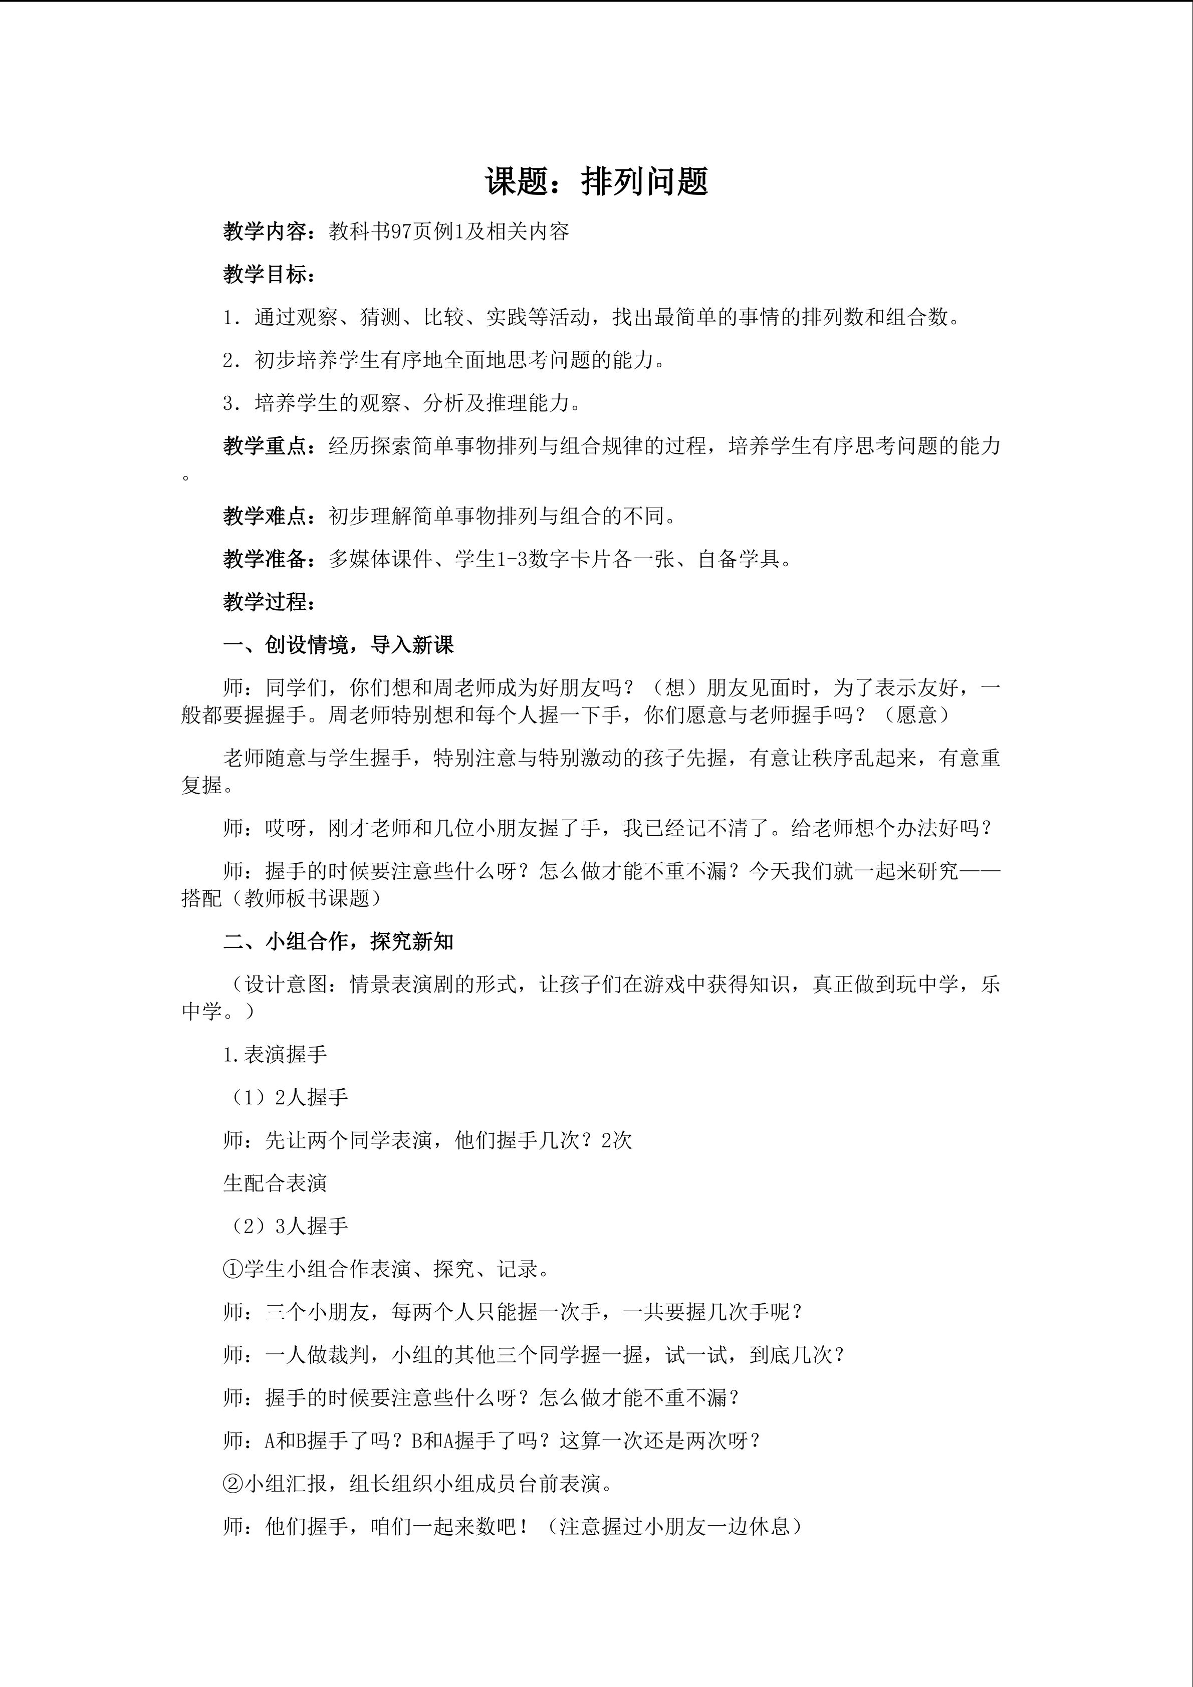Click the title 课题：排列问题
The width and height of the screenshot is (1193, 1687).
(x=596, y=181)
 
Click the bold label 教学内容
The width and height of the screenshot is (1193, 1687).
(x=265, y=232)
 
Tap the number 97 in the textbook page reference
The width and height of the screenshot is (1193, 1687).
(x=401, y=232)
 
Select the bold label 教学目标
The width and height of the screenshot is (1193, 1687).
(x=265, y=275)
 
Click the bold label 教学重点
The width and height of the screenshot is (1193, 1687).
(x=265, y=446)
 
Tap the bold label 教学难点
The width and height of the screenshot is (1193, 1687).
(x=265, y=517)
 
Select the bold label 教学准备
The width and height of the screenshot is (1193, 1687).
(x=265, y=559)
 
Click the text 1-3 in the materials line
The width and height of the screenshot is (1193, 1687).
(x=511, y=559)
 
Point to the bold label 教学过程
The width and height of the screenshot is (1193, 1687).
(x=265, y=602)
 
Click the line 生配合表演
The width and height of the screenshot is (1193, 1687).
(x=275, y=1183)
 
